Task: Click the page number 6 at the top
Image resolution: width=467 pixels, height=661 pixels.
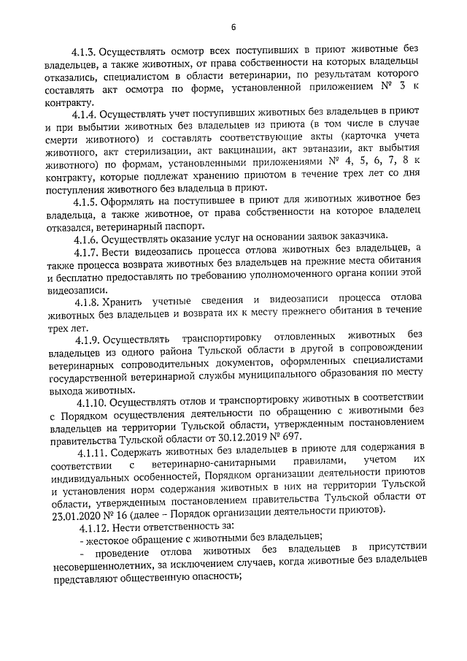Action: (233, 28)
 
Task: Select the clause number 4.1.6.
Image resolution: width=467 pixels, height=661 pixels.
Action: (84, 238)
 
